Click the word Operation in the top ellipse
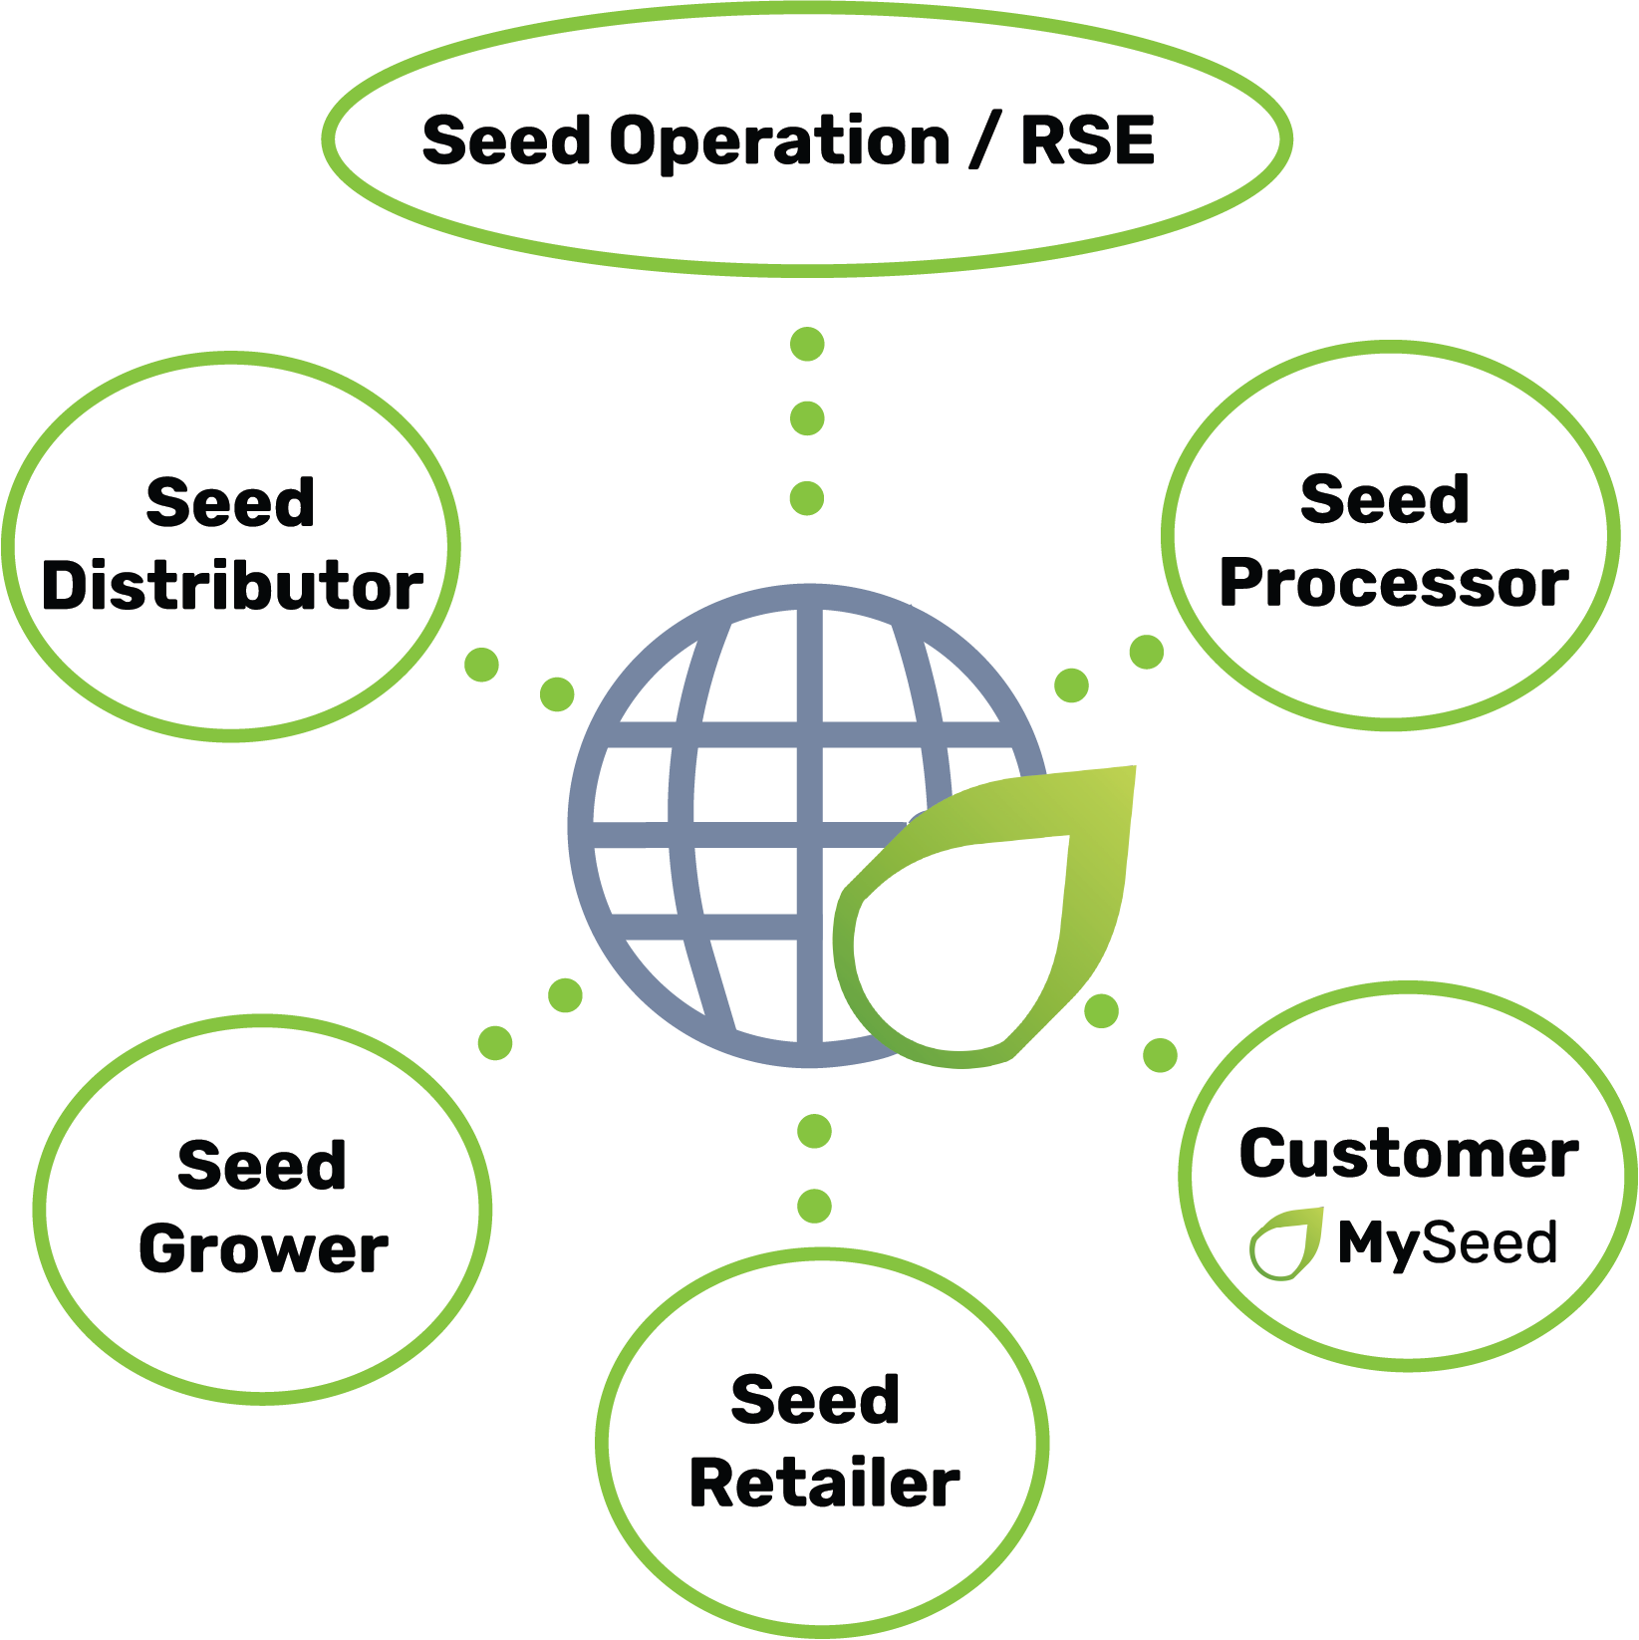tap(779, 141)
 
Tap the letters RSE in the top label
tap(1087, 139)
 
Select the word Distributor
tap(232, 585)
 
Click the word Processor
tap(1393, 583)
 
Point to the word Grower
tap(263, 1248)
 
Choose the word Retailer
tap(824, 1483)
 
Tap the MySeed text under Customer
tap(1447, 1242)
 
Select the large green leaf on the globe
tap(1036, 897)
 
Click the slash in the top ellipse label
tap(984, 139)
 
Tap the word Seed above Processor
tap(1384, 498)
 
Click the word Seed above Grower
tap(262, 1165)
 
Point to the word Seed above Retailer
tap(815, 1399)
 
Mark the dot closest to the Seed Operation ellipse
tap(807, 345)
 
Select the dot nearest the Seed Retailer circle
tap(815, 1206)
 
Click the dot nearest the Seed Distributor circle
tap(481, 665)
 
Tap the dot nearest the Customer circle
tap(1160, 1054)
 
